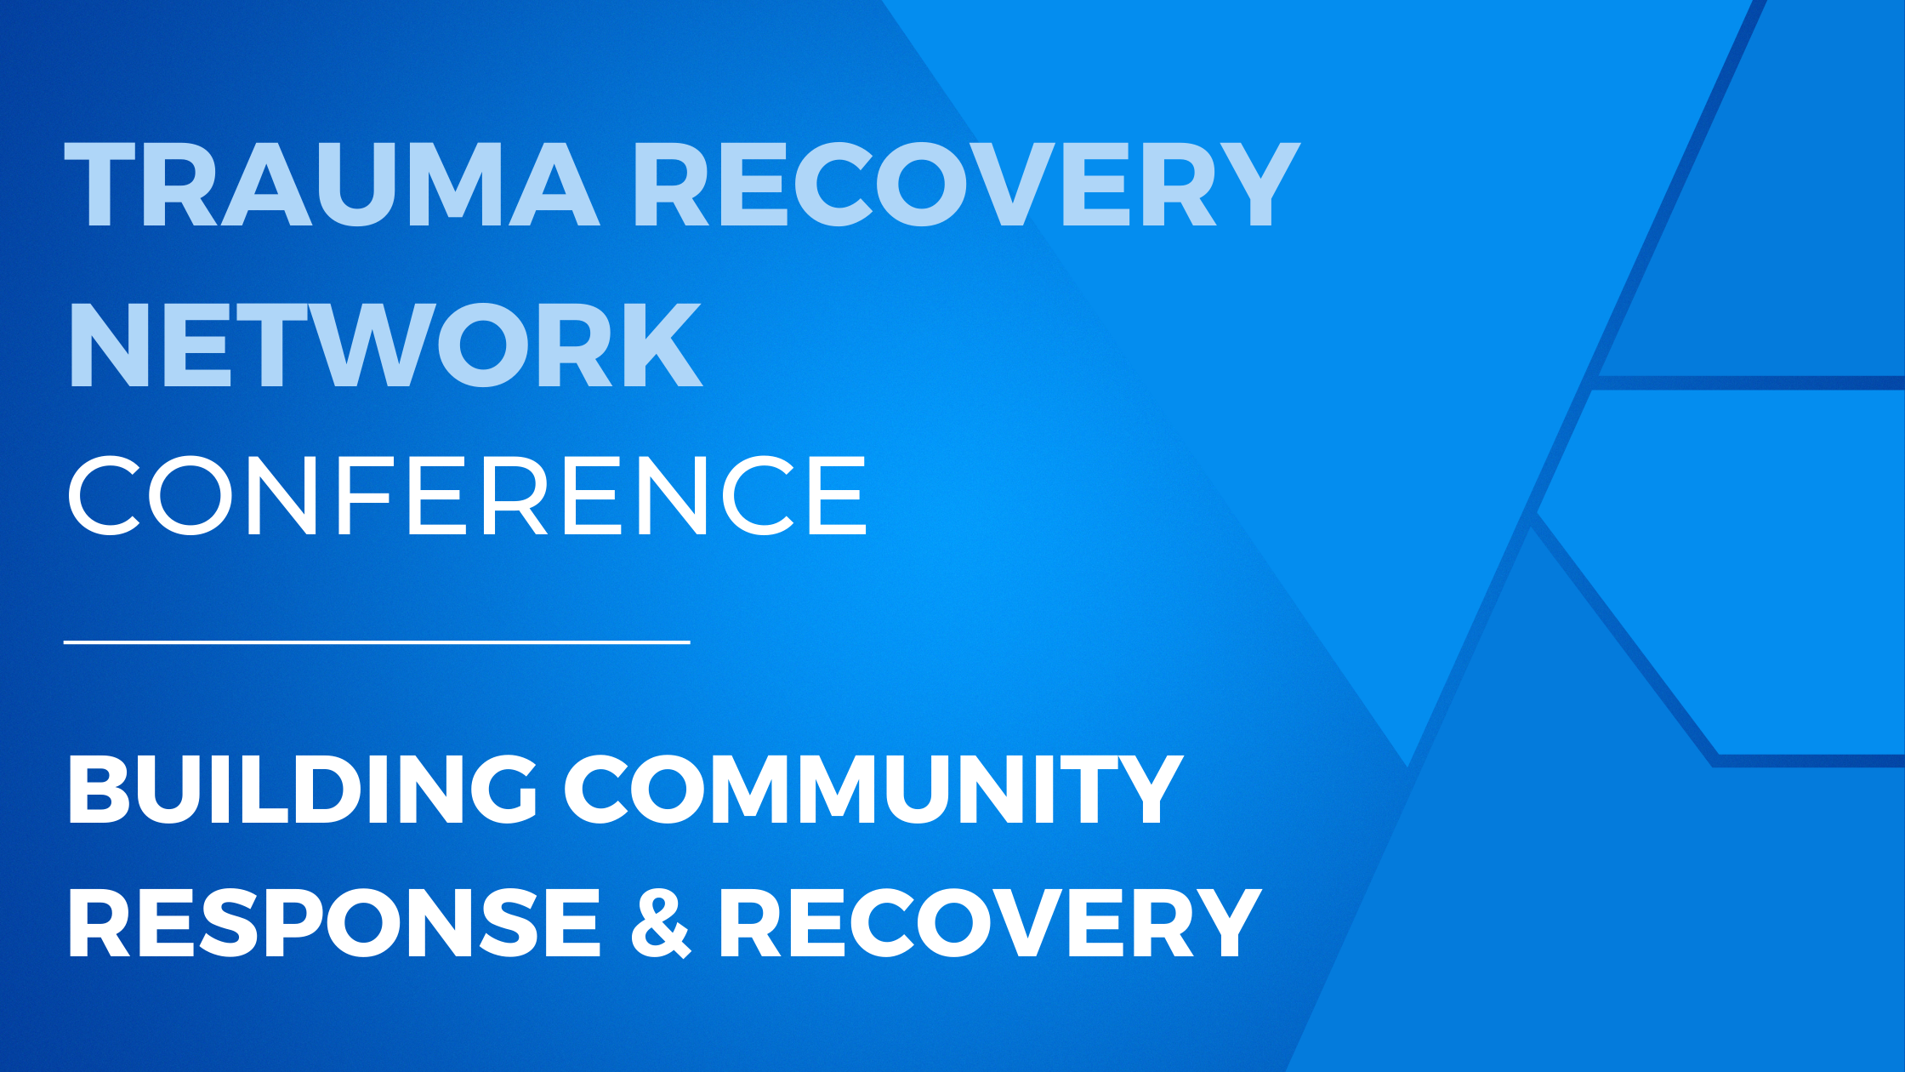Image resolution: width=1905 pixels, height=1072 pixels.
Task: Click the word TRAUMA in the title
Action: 333,184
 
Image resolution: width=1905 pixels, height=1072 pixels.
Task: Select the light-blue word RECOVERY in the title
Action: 968,184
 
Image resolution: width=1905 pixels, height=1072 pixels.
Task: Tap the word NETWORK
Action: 385,345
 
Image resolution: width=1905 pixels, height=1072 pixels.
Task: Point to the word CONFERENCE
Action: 467,494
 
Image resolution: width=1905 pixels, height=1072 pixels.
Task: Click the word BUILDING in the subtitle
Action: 302,789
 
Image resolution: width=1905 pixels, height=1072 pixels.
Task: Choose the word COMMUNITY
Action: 873,789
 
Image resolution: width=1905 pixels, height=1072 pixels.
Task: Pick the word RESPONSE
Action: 334,922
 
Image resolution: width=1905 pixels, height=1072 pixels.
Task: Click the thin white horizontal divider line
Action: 377,642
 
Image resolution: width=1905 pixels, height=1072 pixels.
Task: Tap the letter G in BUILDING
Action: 499,789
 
